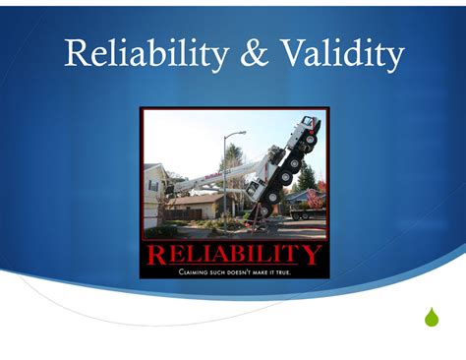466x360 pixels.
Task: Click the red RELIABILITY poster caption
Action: (233, 256)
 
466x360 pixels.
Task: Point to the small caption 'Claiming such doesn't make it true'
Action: (233, 271)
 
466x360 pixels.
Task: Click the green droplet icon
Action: (431, 317)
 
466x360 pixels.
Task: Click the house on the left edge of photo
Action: (152, 192)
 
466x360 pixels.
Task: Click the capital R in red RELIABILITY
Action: (153, 256)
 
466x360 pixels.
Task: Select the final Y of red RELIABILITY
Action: (313, 256)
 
